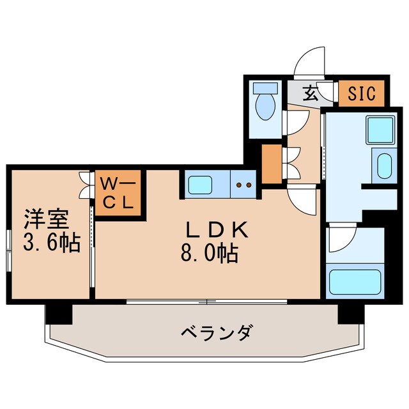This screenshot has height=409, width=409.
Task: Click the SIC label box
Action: click(361, 93)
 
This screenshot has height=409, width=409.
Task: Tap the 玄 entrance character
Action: click(311, 93)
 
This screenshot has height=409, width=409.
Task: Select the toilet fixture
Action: click(264, 102)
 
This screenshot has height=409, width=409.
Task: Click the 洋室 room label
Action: click(46, 219)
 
